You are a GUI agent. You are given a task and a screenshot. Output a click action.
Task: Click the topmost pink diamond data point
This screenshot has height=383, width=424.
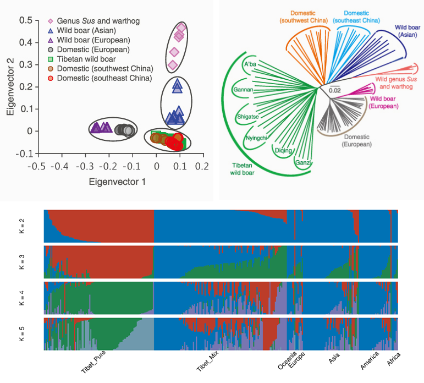pyautogui.click(x=181, y=28)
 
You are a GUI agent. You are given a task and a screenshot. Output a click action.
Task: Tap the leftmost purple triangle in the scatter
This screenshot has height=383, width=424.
pyautogui.click(x=95, y=128)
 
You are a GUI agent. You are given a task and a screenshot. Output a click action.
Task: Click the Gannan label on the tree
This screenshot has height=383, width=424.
pyautogui.click(x=243, y=89)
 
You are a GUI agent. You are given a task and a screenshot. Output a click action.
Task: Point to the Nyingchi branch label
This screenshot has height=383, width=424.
pyautogui.click(x=257, y=138)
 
